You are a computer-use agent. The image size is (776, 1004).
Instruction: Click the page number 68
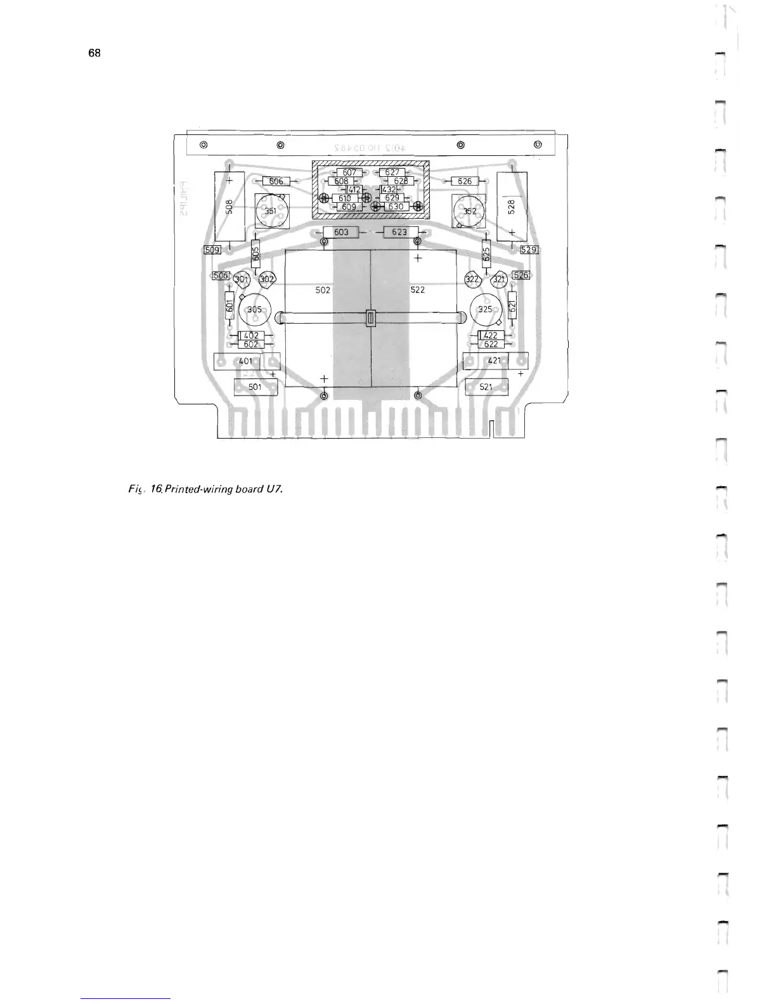[94, 53]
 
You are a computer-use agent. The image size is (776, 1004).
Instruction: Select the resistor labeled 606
[276, 182]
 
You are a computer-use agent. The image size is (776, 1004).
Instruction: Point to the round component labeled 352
[469, 212]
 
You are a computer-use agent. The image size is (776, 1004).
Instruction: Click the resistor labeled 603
[341, 232]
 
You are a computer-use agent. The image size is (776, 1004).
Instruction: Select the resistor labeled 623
[399, 232]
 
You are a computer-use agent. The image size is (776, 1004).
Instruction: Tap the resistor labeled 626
[465, 181]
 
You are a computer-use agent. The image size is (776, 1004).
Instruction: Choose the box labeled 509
[212, 250]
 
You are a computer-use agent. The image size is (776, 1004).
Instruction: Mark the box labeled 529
[529, 250]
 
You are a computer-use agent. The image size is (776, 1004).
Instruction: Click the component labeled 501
[255, 387]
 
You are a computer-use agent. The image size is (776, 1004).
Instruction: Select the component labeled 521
[486, 387]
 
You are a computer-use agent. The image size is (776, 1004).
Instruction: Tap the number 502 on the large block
[323, 290]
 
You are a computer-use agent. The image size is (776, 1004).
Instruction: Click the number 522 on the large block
[417, 290]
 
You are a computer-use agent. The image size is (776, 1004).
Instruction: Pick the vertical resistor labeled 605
[256, 254]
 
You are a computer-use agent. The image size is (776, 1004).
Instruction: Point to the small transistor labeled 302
[267, 279]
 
